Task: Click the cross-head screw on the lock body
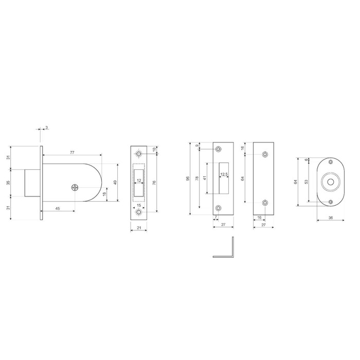[x=75, y=188]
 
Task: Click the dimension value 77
[x=72, y=152]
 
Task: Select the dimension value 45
[x=58, y=208]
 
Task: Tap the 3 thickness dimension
[x=47, y=127]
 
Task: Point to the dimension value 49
[x=115, y=183]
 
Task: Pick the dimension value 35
[x=8, y=183]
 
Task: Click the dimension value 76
[x=154, y=183]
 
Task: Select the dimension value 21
[x=139, y=228]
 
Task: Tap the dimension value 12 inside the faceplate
[x=139, y=181]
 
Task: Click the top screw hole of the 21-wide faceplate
[x=138, y=154]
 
